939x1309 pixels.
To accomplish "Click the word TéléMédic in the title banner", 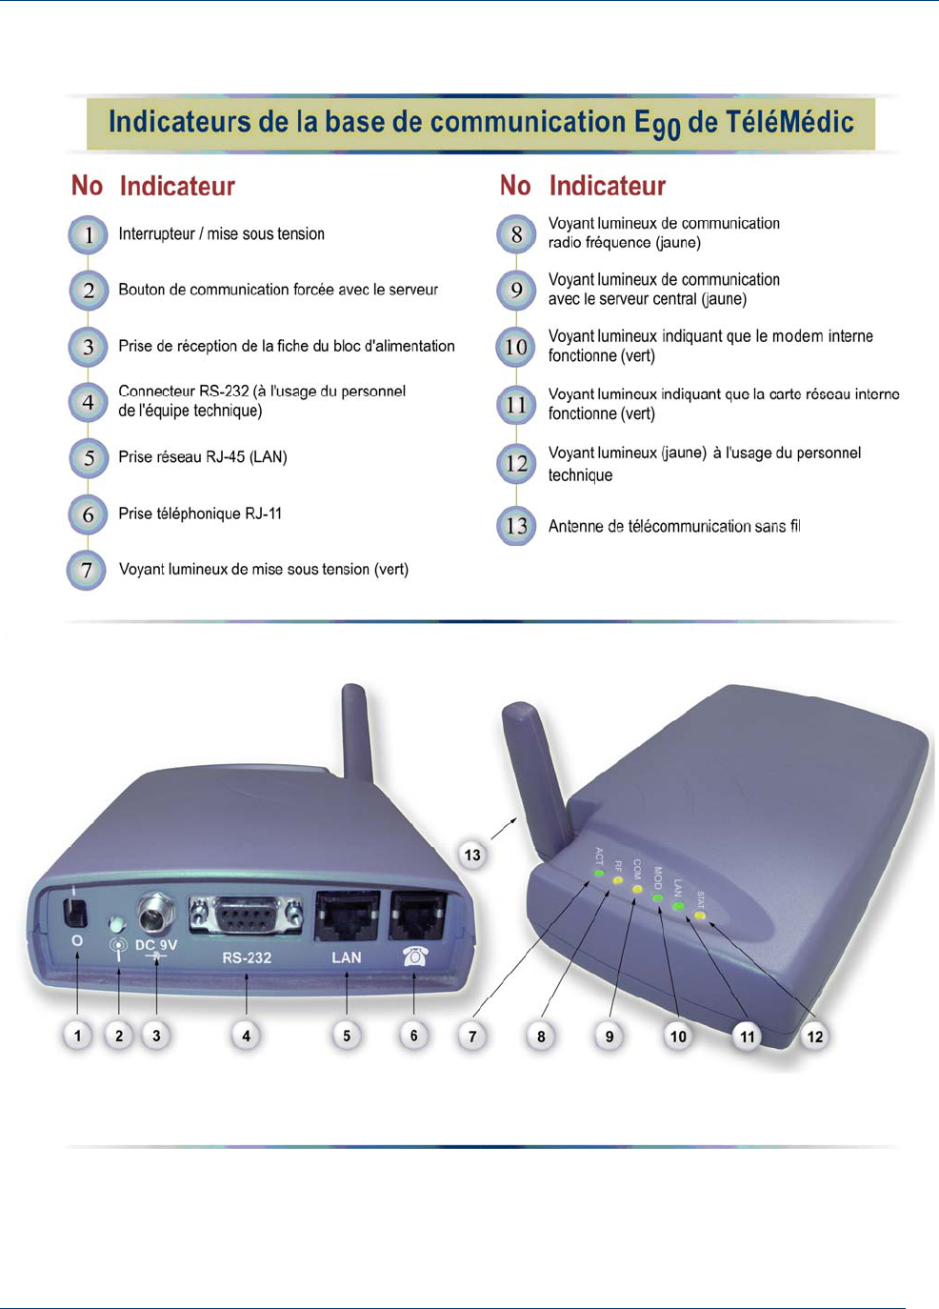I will (788, 123).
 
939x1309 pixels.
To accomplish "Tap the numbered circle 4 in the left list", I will (88, 402).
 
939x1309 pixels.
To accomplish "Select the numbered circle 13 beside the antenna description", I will (516, 526).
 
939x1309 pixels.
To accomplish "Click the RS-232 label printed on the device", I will (247, 957).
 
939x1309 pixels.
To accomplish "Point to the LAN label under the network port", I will (346, 957).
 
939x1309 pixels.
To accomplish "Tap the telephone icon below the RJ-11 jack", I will (415, 956).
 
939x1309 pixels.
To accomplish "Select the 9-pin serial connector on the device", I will (246, 917).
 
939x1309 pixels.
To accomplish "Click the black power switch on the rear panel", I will (74, 912).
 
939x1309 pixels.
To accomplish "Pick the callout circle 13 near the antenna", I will (472, 855).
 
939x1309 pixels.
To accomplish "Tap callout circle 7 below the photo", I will (472, 1036).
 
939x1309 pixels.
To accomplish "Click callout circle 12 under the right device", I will (815, 1036).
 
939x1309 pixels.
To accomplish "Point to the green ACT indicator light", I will (599, 872).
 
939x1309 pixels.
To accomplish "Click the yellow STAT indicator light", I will (700, 916).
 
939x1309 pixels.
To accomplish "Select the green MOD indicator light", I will (657, 897).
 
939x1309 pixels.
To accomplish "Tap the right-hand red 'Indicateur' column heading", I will (607, 186).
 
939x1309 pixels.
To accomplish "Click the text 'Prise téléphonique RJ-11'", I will (200, 514).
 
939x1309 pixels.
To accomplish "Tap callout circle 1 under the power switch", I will (77, 1035).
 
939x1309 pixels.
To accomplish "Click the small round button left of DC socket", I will (117, 923).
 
